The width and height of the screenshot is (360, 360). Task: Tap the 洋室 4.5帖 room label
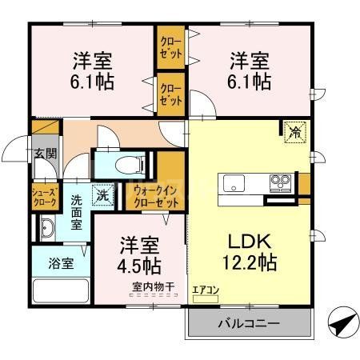pos(139,254)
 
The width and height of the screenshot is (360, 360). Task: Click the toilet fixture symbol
pos(127,166)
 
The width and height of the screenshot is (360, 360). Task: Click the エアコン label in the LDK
pos(206,290)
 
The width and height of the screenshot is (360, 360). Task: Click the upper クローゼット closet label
pos(170,47)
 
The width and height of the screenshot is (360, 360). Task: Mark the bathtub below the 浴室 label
pos(62,290)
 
